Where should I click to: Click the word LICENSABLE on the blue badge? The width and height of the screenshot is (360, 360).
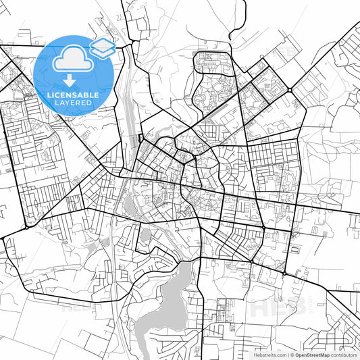click(x=74, y=95)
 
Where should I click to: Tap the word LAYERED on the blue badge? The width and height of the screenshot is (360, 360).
click(x=74, y=104)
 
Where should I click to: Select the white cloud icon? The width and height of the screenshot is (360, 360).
click(x=73, y=59)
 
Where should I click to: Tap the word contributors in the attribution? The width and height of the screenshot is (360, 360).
click(x=343, y=354)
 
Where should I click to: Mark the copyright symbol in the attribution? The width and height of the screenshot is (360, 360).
click(x=292, y=354)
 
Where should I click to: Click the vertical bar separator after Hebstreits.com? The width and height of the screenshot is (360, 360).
click(x=287, y=354)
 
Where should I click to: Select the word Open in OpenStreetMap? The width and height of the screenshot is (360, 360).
click(x=301, y=354)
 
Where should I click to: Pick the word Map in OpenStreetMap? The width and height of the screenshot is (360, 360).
click(x=324, y=354)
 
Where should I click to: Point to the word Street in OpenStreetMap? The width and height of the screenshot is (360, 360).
click(x=313, y=354)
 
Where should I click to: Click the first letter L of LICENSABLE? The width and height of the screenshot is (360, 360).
click(x=50, y=95)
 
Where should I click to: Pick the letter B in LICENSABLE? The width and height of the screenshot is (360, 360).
click(x=86, y=95)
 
